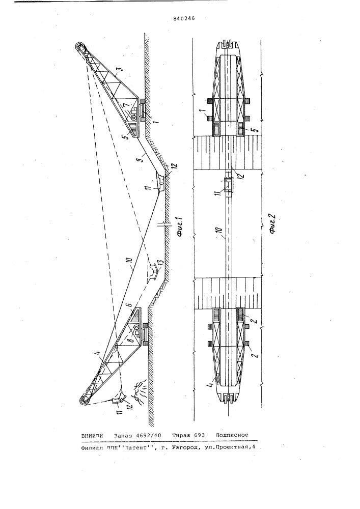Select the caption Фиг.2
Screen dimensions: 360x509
click(x=272, y=222)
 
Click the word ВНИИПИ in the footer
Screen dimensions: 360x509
click(x=93, y=436)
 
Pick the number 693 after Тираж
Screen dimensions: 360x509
click(x=199, y=436)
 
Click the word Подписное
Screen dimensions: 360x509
click(x=232, y=436)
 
